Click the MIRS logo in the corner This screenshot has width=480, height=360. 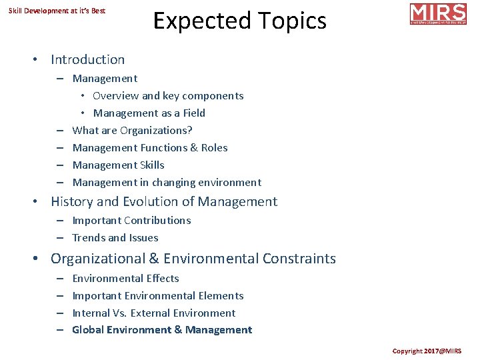click(437, 14)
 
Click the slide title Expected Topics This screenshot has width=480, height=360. click(240, 21)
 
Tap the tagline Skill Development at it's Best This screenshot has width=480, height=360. click(57, 11)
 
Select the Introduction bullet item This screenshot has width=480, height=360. click(87, 59)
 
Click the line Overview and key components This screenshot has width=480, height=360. click(168, 95)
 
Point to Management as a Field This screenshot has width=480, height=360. click(149, 113)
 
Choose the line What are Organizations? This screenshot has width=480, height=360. click(132, 130)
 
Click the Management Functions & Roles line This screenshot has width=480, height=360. click(150, 147)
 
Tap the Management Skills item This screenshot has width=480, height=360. click(118, 165)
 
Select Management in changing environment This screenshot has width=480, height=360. click(167, 182)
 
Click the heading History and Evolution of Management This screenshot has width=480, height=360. click(164, 201)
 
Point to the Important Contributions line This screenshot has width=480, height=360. click(131, 220)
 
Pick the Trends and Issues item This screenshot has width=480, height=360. click(115, 237)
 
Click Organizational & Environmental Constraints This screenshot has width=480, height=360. click(193, 258)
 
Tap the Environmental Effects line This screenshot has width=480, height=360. click(125, 278)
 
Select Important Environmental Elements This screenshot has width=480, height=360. click(158, 295)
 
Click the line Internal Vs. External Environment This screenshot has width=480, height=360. click(154, 313)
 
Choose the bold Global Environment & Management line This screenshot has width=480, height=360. click(162, 329)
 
